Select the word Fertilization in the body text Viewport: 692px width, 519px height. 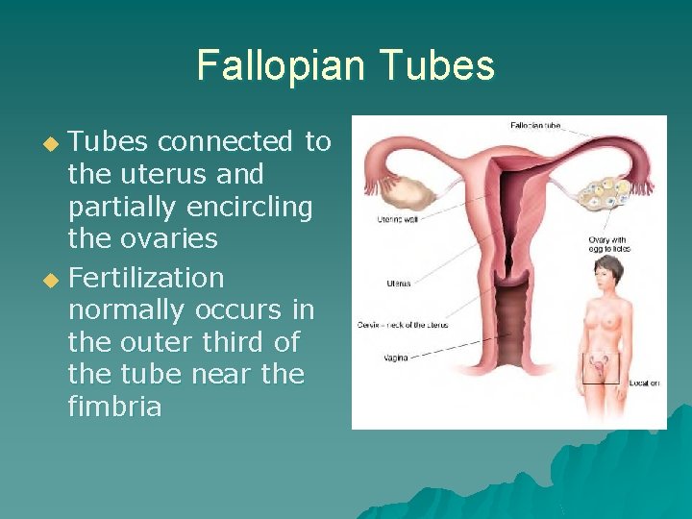[146, 279]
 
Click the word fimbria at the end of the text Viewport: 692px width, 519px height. [114, 407]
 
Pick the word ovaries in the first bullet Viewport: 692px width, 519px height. [170, 238]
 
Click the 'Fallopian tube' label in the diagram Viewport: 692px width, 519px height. [534, 125]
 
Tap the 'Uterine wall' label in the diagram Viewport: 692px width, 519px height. [395, 220]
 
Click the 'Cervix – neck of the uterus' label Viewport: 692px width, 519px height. [402, 325]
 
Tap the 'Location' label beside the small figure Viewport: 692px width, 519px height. [643, 383]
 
